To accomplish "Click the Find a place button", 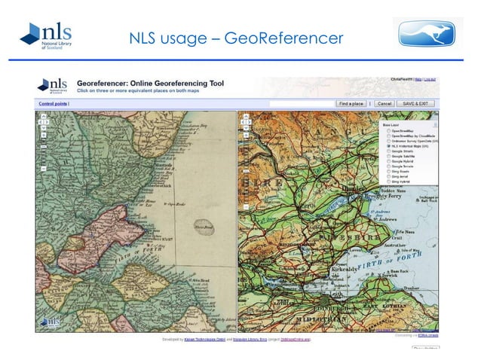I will (x=351, y=102).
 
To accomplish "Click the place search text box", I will (x=301, y=102).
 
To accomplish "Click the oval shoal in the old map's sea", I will (x=203, y=226).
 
